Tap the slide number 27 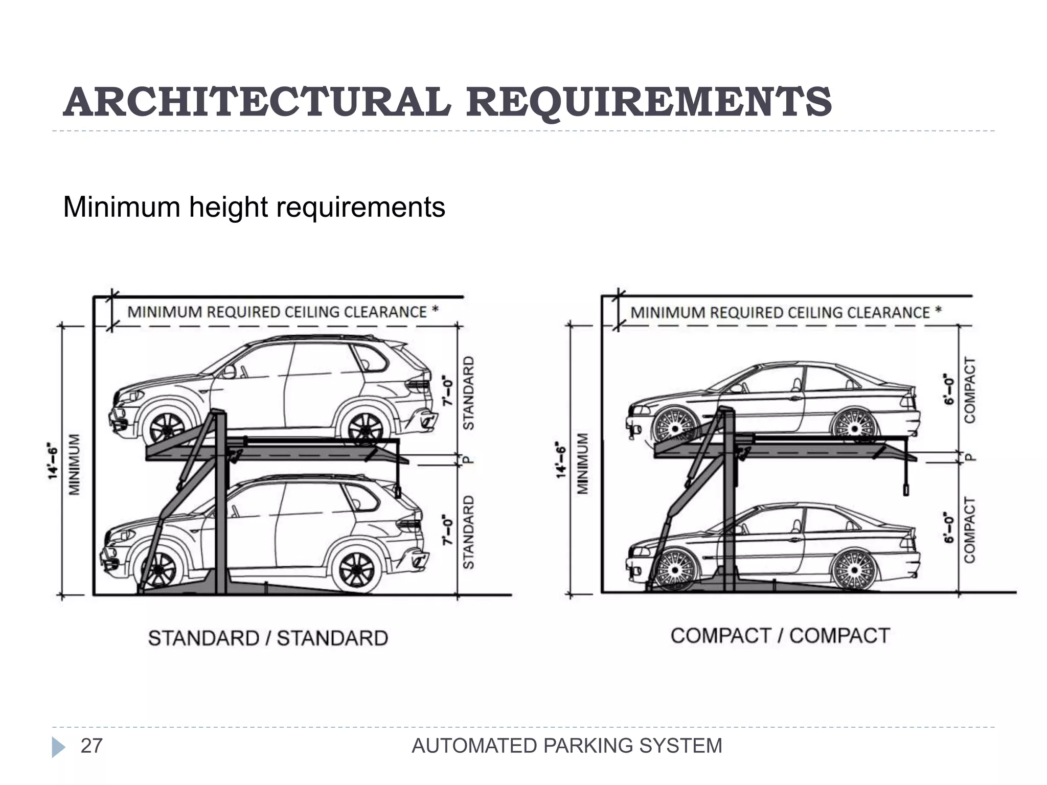(x=92, y=746)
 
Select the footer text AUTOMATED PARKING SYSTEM (x=566, y=746)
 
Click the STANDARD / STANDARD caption (x=268, y=638)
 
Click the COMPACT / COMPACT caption (x=780, y=636)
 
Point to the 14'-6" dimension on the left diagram (x=53, y=460)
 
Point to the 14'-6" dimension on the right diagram (x=561, y=460)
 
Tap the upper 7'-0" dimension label (x=448, y=391)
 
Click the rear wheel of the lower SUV (x=356, y=569)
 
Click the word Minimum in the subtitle (x=122, y=207)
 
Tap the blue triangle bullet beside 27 (x=58, y=747)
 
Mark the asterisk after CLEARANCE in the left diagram (x=435, y=309)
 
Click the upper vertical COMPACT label (x=969, y=390)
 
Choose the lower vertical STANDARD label (x=468, y=532)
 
